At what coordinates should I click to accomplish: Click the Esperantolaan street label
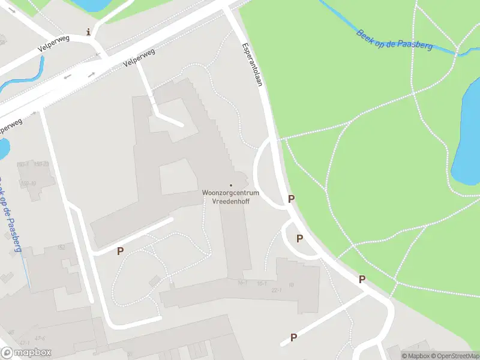(253, 64)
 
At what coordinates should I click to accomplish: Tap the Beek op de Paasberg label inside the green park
(394, 40)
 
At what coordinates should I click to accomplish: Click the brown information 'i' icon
(89, 32)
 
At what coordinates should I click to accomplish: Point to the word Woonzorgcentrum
(231, 193)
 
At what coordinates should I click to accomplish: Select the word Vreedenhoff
(231, 202)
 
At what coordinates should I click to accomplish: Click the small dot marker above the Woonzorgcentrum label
(231, 185)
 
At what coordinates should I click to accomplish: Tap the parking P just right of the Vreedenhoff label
(292, 199)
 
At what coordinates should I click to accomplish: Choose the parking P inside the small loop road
(299, 239)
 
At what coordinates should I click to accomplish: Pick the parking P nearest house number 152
(121, 251)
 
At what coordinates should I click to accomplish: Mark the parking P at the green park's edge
(362, 279)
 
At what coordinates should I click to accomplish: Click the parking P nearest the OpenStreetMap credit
(293, 338)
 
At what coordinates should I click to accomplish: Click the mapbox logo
(26, 353)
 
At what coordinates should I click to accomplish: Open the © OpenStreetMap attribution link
(455, 356)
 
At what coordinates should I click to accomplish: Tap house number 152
(61, 247)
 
